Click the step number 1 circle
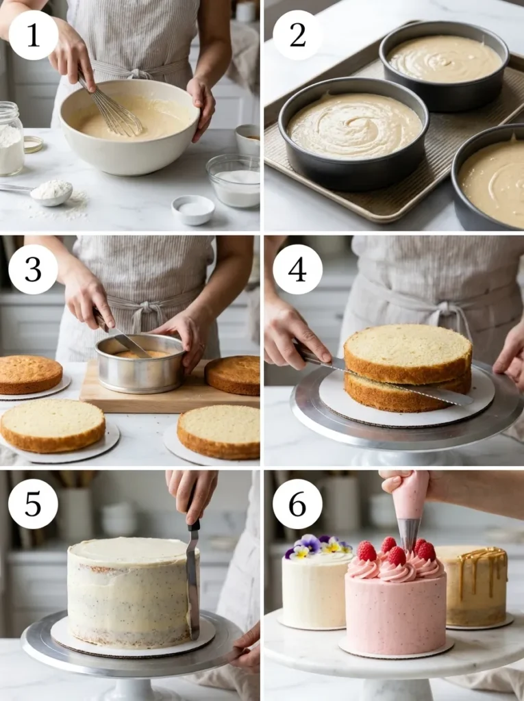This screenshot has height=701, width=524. click(33, 35)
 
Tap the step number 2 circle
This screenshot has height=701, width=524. click(297, 35)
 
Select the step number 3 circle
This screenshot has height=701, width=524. click(33, 269)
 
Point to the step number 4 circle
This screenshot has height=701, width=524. click(297, 269)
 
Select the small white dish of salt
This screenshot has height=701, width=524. click(192, 209)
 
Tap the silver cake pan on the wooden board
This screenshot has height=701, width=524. click(140, 364)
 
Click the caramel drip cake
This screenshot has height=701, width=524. click(476, 585)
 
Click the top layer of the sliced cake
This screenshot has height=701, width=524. click(408, 353)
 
